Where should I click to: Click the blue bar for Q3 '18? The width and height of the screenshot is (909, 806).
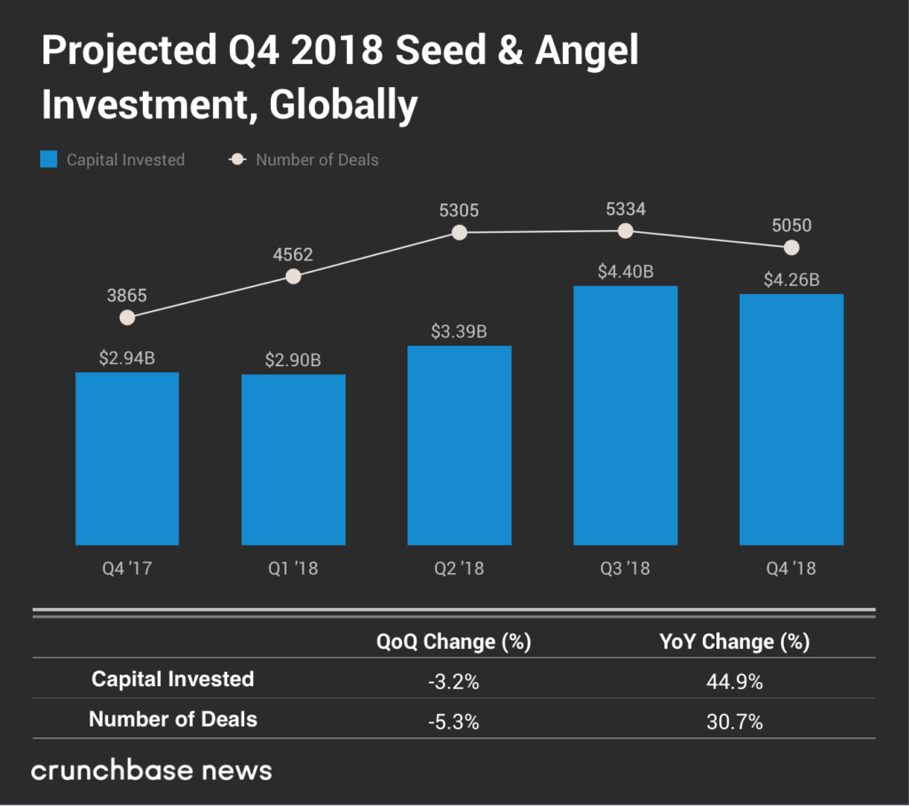(x=625, y=415)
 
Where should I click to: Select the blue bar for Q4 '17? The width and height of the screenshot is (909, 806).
(x=127, y=458)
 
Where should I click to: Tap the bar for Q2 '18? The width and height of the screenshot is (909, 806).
(x=459, y=444)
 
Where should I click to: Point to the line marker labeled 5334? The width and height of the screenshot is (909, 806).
(x=625, y=230)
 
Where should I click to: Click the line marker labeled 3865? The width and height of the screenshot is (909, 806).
(x=127, y=317)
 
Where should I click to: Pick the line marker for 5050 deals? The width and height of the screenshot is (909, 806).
(x=791, y=247)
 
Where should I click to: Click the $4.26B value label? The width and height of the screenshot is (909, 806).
(x=791, y=281)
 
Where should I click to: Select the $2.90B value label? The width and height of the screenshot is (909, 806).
(x=293, y=361)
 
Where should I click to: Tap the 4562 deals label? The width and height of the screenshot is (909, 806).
(x=293, y=254)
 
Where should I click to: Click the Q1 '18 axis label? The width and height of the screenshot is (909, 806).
(x=293, y=569)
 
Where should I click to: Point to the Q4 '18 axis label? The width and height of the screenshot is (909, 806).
(x=791, y=569)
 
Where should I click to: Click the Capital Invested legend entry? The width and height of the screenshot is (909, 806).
(x=113, y=160)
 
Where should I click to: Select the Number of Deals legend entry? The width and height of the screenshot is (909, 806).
(x=304, y=160)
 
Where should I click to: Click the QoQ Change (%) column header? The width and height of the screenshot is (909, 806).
(x=453, y=642)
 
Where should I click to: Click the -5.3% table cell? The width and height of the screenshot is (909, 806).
(x=453, y=722)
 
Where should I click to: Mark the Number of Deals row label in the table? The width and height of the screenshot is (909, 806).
(x=173, y=720)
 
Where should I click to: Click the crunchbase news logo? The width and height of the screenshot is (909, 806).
(x=151, y=770)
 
